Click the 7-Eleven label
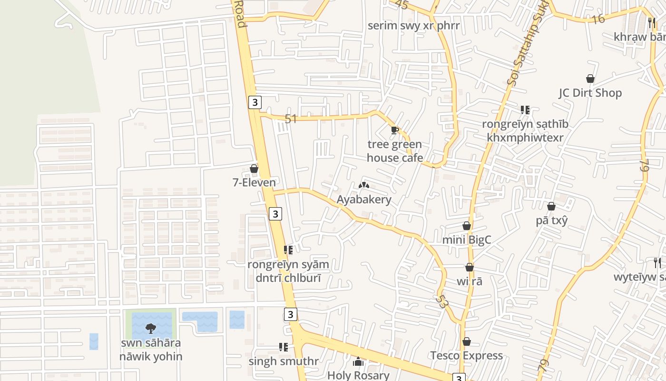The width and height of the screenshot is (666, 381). coord(254,182)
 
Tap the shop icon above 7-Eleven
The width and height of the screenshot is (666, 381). coord(254,169)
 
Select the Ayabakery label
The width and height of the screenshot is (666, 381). coord(364,200)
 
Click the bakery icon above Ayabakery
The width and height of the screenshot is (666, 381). coord(364,185)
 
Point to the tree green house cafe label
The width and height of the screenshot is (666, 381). coord(394,151)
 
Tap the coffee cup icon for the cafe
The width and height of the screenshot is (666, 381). coord(394,130)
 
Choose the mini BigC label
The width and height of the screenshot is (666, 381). coord(467,240)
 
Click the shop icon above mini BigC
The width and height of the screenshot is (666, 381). coord(467,226)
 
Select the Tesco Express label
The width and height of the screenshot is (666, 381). coord(467,356)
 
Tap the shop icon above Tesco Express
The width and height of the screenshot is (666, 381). coord(467,342)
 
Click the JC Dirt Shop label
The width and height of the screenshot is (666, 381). coord(590,93)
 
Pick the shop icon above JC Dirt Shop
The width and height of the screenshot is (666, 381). coord(590,79)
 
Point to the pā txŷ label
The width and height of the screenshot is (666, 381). coord(552,221)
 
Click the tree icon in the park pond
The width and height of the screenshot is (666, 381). coord(151,328)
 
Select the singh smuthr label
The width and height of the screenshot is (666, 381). coord(284,361)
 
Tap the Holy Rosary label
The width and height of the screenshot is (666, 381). coord(358,375)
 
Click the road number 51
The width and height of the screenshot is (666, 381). coord(291,119)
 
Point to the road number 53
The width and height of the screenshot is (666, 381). coord(441,301)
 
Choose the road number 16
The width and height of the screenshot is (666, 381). coord(598,19)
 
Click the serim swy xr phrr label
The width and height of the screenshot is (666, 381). coord(414,25)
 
